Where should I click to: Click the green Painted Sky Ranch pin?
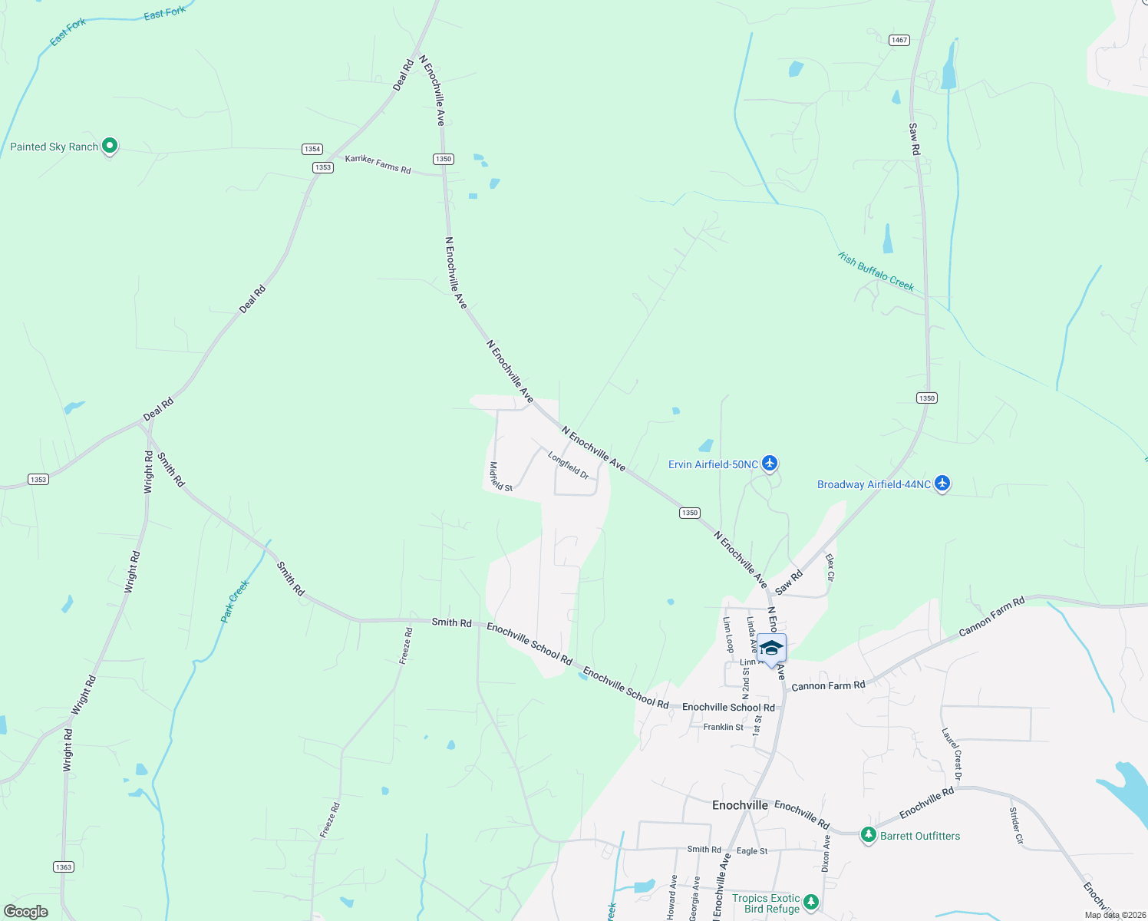pyautogui.click(x=110, y=145)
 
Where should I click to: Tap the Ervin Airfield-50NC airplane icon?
pyautogui.click(x=770, y=464)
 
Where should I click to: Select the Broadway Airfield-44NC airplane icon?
pyautogui.click(x=942, y=484)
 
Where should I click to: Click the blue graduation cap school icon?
pyautogui.click(x=771, y=649)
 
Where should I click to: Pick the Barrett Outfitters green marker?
pyautogui.click(x=868, y=835)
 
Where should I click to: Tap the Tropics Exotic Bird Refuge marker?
pyautogui.click(x=811, y=902)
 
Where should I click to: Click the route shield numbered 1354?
pyautogui.click(x=312, y=149)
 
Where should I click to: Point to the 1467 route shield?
pyautogui.click(x=899, y=40)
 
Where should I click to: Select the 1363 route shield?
pyautogui.click(x=64, y=867)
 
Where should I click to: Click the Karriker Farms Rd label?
pyautogui.click(x=378, y=163)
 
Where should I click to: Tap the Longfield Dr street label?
pyautogui.click(x=569, y=466)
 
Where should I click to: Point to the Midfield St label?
pyautogui.click(x=501, y=476)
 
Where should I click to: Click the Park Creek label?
pyautogui.click(x=235, y=601)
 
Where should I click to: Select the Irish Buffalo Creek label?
pyautogui.click(x=876, y=272)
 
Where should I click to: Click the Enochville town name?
pyautogui.click(x=740, y=805)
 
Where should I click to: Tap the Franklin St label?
pyautogui.click(x=723, y=727)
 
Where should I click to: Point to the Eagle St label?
pyautogui.click(x=752, y=850)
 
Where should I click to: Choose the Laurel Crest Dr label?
pyautogui.click(x=952, y=754)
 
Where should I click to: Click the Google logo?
pyautogui.click(x=26, y=912)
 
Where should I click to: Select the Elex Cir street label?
pyautogui.click(x=830, y=566)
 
